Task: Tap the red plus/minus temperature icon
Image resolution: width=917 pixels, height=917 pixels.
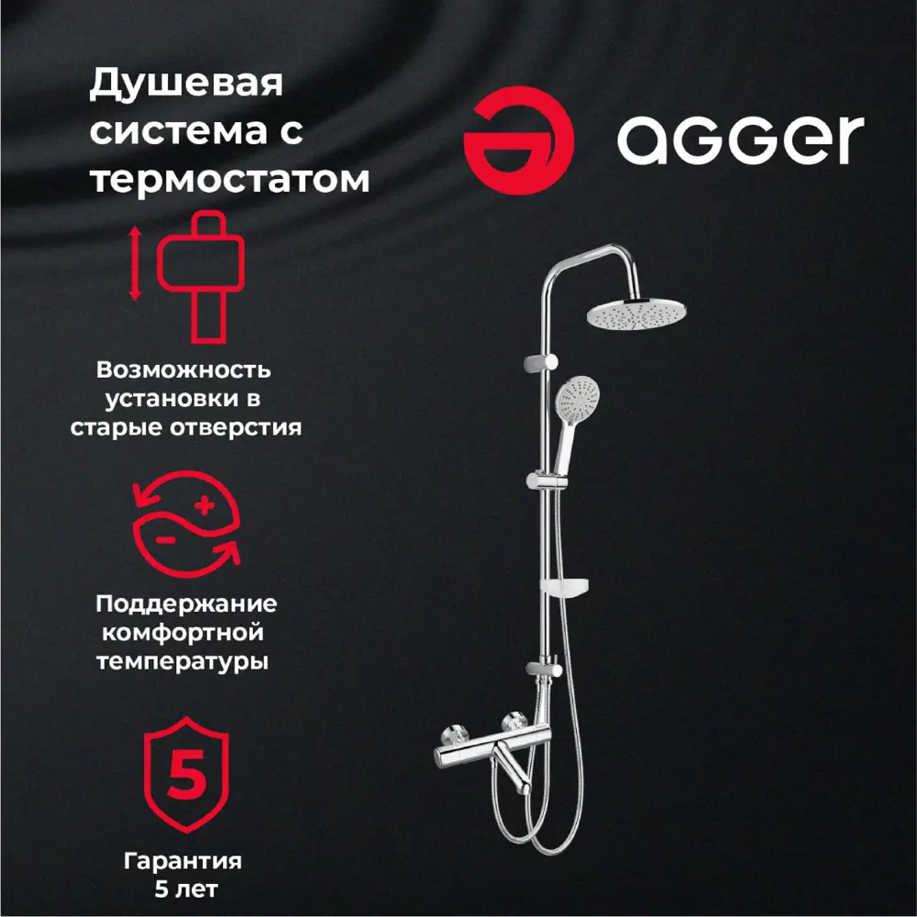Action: [x=187, y=526]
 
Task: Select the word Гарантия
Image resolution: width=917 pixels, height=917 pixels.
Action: [x=183, y=861]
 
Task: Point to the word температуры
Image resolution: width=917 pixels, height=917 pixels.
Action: [x=184, y=661]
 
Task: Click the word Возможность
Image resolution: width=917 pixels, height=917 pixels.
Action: [x=183, y=370]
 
